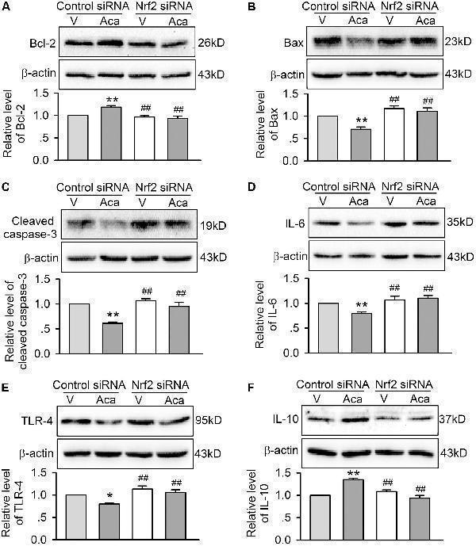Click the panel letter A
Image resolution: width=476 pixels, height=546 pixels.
point(6,8)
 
